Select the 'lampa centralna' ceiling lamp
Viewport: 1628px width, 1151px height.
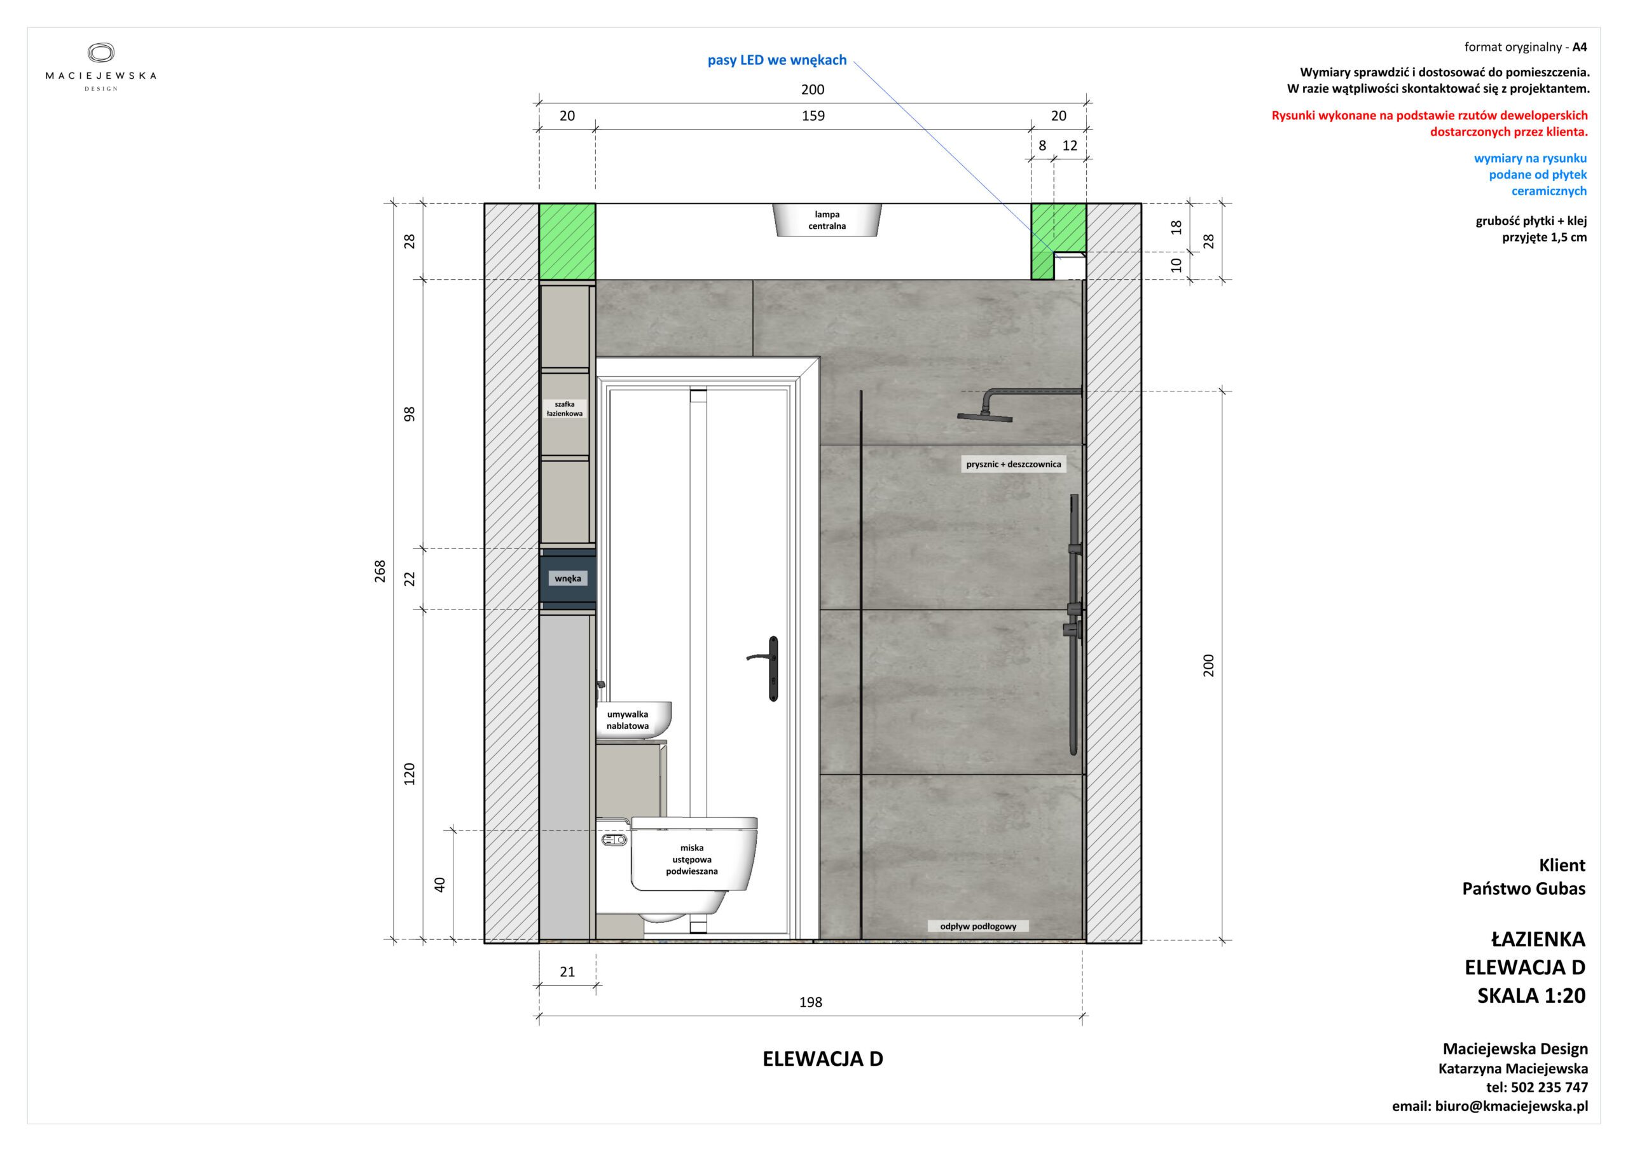coord(827,221)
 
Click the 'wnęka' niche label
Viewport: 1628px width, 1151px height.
coord(567,578)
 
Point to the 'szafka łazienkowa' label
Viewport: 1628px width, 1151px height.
coord(565,409)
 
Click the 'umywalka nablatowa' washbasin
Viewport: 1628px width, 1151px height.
coord(633,720)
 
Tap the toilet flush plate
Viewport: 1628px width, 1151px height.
coord(614,840)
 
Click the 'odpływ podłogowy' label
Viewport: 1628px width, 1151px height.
coord(978,926)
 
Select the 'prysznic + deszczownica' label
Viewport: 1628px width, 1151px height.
coord(1013,464)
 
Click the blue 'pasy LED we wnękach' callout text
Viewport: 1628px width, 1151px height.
coord(777,60)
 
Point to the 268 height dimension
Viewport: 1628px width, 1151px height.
coord(381,571)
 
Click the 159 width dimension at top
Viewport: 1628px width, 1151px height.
coord(813,116)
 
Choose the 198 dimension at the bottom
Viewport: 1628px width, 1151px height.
coord(810,1002)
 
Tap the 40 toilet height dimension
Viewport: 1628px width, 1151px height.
coord(439,885)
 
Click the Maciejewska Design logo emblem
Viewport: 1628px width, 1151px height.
coord(100,53)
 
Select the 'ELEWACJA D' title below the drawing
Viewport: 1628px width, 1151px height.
coord(822,1059)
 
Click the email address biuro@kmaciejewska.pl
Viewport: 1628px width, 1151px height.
coord(1512,1107)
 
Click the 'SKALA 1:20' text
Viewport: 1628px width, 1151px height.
coord(1531,996)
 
